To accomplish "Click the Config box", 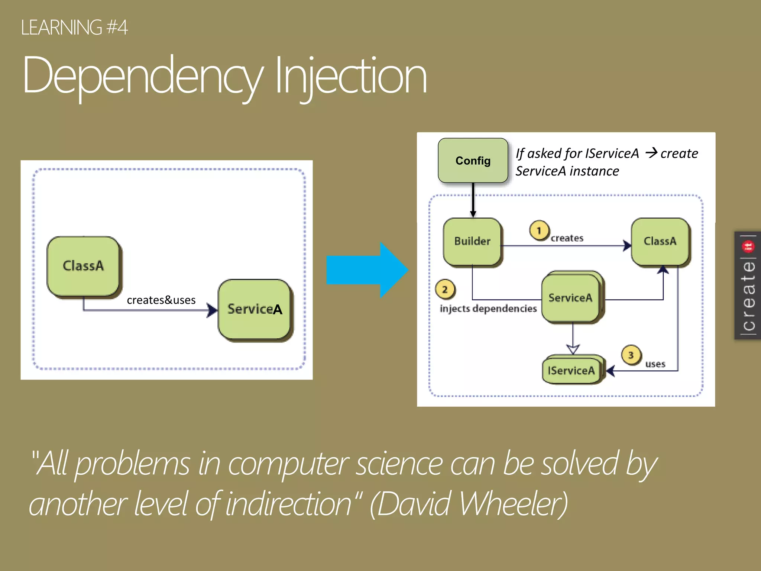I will [473, 161].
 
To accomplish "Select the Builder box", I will [472, 241].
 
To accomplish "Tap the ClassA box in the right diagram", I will [660, 241].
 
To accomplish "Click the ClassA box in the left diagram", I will [83, 266].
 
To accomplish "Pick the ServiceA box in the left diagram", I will [255, 309].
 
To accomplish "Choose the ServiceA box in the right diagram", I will [570, 298].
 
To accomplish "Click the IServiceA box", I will [571, 370].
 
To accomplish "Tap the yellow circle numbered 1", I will [539, 230].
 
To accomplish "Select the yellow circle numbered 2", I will [445, 289].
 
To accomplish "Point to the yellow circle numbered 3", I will [631, 355].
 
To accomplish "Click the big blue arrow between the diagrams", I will [366, 270].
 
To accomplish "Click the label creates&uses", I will [161, 300].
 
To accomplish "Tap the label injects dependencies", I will [488, 309].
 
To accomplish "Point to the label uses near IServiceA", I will [655, 364].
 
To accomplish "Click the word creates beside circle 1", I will [567, 238].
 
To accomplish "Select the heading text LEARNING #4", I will [74, 28].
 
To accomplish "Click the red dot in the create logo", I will [748, 246].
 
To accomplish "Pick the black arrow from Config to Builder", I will [473, 200].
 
